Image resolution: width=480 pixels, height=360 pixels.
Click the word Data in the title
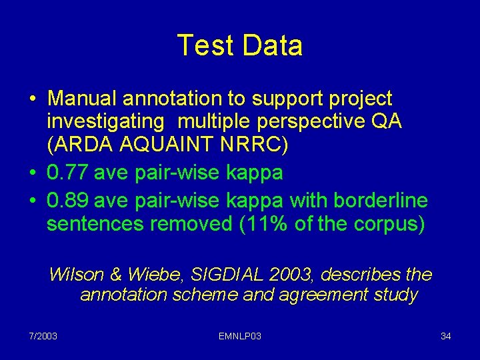[x=272, y=45]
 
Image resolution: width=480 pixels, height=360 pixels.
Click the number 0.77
[x=68, y=173]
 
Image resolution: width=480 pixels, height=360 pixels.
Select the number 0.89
[x=68, y=201]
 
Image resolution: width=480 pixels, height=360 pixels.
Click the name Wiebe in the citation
[x=145, y=275]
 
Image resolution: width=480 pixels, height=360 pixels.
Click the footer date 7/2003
[x=43, y=336]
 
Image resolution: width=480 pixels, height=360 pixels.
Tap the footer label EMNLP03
[x=239, y=336]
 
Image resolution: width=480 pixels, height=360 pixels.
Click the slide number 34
[x=446, y=336]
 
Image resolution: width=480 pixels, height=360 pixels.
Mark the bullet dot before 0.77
[x=33, y=173]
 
